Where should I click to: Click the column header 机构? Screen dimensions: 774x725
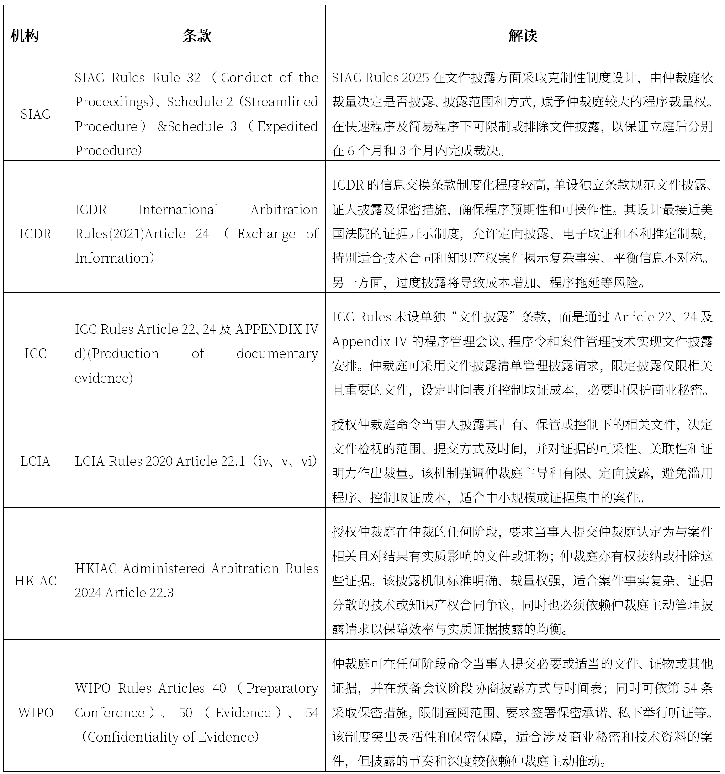[x=25, y=36]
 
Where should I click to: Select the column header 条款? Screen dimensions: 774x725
[x=196, y=36]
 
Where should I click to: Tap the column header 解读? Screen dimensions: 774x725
[x=523, y=36]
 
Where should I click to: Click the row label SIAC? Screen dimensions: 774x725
[x=35, y=114]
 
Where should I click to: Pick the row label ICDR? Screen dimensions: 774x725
[x=35, y=234]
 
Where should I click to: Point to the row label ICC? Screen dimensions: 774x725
[x=35, y=353]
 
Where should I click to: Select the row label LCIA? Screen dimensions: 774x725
[x=35, y=461]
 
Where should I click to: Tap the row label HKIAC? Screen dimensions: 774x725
[x=35, y=581]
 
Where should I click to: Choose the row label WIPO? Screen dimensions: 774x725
[x=35, y=712]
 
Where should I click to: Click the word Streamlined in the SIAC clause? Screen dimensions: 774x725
[x=281, y=102]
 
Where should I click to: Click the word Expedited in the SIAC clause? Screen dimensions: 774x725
[x=287, y=126]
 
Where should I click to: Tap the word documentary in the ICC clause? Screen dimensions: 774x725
[x=277, y=353]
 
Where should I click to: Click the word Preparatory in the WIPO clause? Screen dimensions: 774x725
[x=282, y=688]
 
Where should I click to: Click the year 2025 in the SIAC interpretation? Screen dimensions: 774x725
[x=416, y=78]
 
